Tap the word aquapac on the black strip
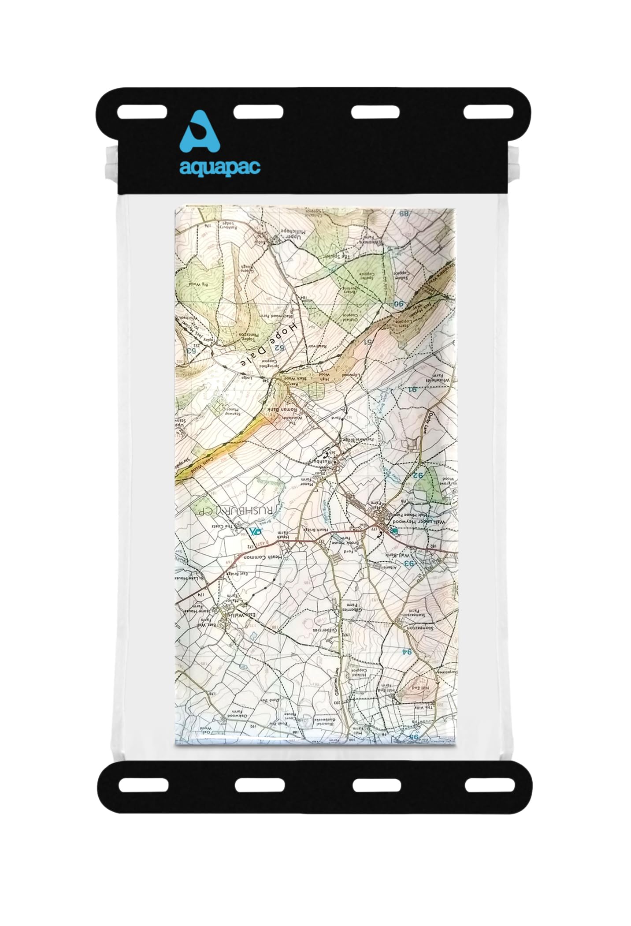tap(219, 168)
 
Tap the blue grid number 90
tap(399, 303)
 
